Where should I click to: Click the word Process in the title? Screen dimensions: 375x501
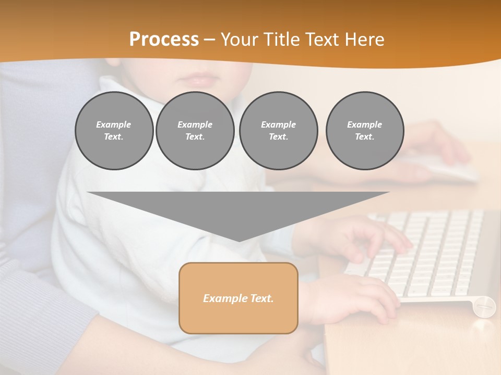pos(164,39)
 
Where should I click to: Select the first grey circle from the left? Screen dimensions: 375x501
pos(114,130)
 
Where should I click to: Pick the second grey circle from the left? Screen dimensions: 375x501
pos(195,130)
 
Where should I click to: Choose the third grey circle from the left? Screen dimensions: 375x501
pos(278,130)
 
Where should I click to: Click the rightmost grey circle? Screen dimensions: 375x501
pos(364,130)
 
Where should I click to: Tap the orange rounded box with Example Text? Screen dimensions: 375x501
pos(238,298)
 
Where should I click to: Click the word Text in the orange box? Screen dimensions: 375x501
pos(261,298)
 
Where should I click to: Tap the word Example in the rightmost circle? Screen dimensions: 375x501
pos(364,124)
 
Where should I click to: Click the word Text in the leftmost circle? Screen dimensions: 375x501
pos(113,136)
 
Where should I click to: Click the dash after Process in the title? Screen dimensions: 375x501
pos(209,40)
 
